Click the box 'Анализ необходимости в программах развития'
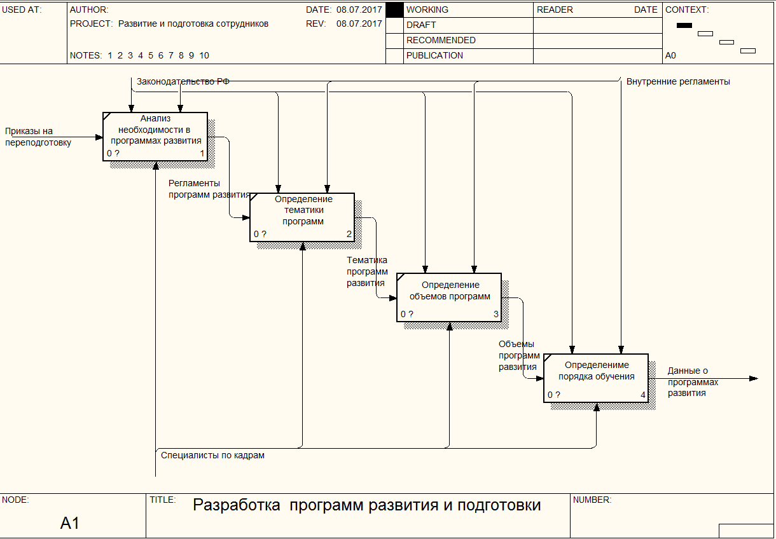[155, 137]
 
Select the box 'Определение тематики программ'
[302, 217]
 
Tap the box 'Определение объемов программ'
[449, 297]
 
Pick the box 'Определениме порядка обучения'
[596, 378]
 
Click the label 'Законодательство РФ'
[183, 82]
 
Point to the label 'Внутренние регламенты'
[678, 82]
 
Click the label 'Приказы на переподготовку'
[38, 137]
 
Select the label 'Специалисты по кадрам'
[212, 455]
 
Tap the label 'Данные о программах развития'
[693, 382]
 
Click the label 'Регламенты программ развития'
[209, 189]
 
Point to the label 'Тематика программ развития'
[367, 271]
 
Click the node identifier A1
[69, 522]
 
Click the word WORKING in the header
[427, 10]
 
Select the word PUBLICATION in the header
[434, 55]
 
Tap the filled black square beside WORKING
[394, 10]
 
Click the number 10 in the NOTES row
[204, 55]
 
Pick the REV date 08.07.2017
[359, 24]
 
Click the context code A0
[670, 55]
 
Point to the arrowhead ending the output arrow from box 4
[754, 378]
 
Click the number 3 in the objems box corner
[495, 314]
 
